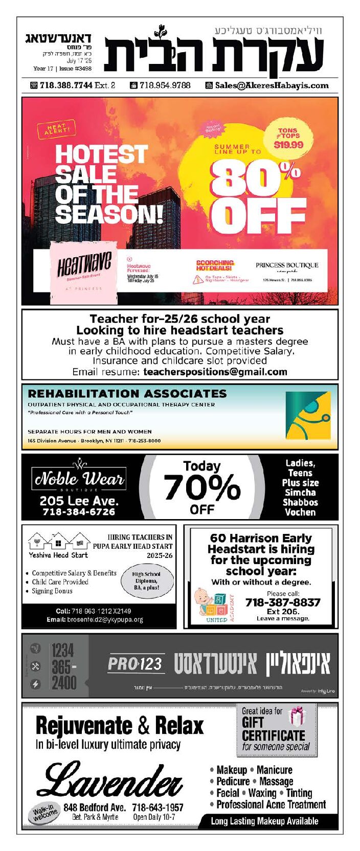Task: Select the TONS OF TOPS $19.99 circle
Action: click(288, 138)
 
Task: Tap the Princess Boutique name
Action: click(287, 266)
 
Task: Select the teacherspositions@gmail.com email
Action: click(215, 372)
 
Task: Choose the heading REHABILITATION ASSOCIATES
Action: click(127, 394)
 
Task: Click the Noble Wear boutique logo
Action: click(79, 478)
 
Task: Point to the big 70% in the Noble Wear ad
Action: click(201, 487)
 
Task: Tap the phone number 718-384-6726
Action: click(79, 512)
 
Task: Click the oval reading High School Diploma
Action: click(146, 581)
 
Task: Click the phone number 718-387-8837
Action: click(283, 602)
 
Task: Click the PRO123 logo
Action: click(136, 664)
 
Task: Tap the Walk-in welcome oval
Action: click(46, 813)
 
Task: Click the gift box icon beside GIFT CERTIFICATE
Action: click(297, 716)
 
